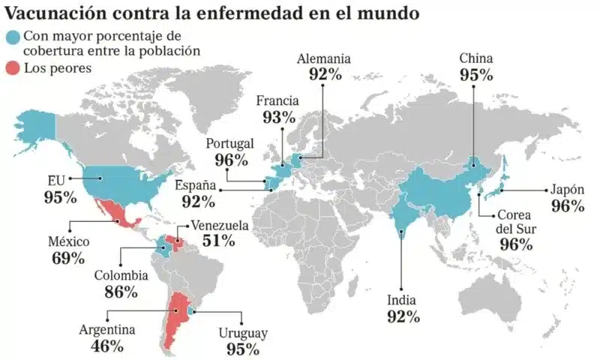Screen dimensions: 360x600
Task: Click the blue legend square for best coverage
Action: pyautogui.click(x=13, y=37)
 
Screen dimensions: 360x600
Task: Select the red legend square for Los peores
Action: pyautogui.click(x=13, y=68)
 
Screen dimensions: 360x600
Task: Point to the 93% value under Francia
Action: pyautogui.click(x=279, y=117)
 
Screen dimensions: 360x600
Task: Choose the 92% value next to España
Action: pyautogui.click(x=198, y=202)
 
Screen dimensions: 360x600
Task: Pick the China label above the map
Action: pyautogui.click(x=476, y=58)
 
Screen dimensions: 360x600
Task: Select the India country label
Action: pyautogui.click(x=403, y=300)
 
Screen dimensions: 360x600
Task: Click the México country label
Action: pyautogui.click(x=69, y=242)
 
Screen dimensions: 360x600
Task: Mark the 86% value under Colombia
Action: pyautogui.click(x=121, y=292)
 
